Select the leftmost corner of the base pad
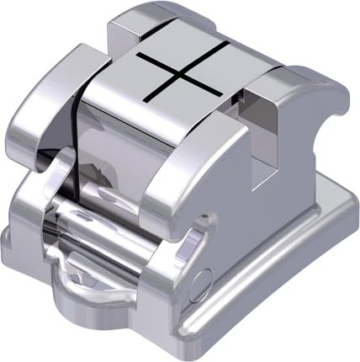pos(12,244)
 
